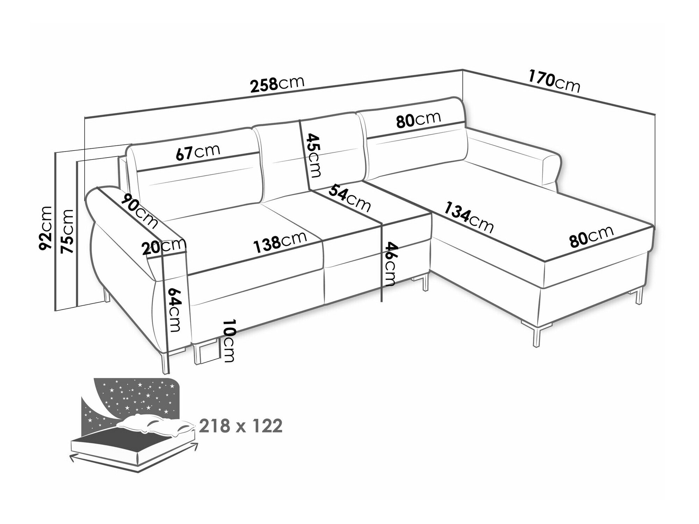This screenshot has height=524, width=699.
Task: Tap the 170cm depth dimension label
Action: [554, 82]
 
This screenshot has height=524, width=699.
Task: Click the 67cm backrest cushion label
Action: [198, 152]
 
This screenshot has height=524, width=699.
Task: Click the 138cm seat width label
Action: [280, 240]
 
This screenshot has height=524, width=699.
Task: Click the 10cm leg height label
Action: [229, 341]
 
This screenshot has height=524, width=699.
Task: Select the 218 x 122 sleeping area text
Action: [240, 426]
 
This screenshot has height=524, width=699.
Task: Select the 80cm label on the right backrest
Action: [418, 120]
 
